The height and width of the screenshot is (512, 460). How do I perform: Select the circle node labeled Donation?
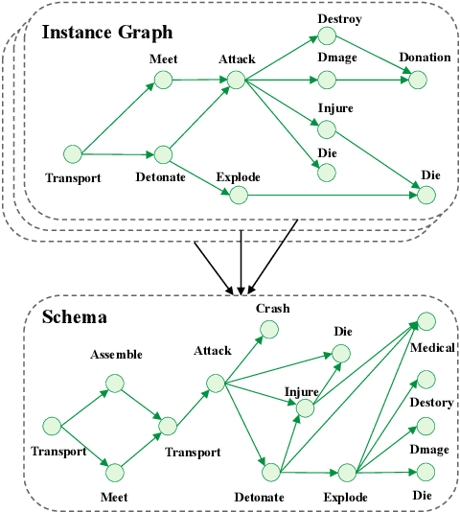tap(417, 80)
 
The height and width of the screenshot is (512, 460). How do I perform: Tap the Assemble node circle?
tap(116, 383)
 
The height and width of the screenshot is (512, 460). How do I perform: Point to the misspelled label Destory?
tap(431, 403)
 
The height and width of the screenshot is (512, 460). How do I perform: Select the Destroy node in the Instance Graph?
tap(328, 36)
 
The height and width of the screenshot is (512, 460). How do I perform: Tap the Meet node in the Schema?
tap(116, 472)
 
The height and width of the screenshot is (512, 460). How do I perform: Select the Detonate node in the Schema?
tap(272, 471)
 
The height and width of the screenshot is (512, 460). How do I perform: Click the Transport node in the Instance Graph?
tap(72, 152)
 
